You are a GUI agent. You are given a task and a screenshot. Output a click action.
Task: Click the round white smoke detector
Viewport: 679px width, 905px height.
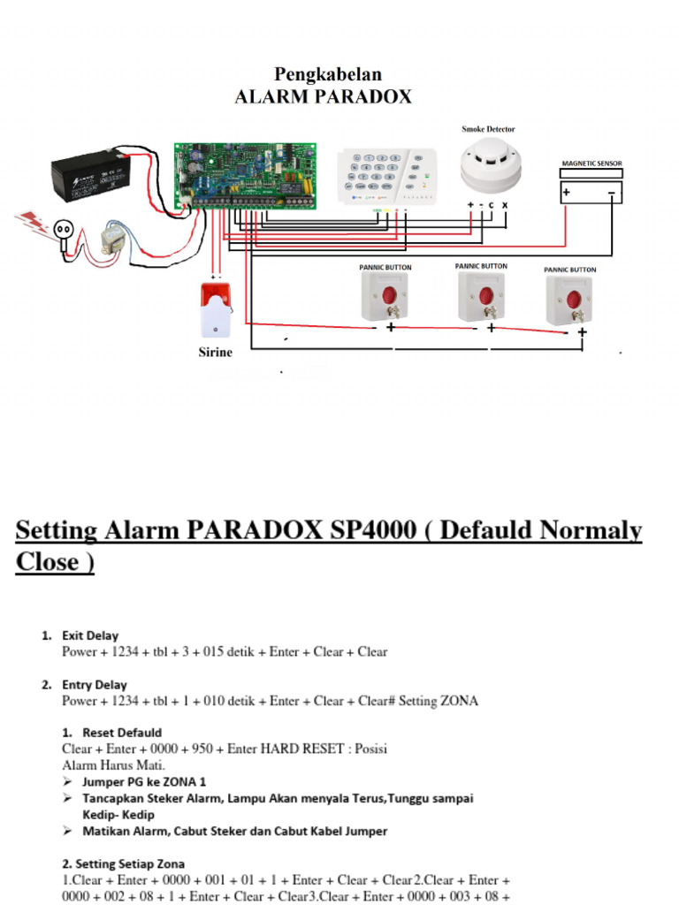coord(491,165)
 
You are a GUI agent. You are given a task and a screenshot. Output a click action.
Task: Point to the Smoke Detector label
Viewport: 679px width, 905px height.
coord(488,129)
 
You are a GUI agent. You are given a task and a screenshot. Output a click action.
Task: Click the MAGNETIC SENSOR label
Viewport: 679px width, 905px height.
coord(592,164)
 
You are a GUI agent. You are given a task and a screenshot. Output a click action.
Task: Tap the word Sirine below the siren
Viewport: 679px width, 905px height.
coord(215,353)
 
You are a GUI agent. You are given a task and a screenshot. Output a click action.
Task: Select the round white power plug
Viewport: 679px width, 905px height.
coord(64,230)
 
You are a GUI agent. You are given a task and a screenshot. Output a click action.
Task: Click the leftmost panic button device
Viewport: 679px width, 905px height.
coord(385,297)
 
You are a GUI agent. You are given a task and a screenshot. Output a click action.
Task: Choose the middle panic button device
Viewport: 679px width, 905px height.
coord(482,296)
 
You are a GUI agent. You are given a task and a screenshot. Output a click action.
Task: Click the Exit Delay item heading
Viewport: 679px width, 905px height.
coord(89,635)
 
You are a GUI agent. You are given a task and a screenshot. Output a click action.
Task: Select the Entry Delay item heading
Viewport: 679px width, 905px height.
coord(94,685)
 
